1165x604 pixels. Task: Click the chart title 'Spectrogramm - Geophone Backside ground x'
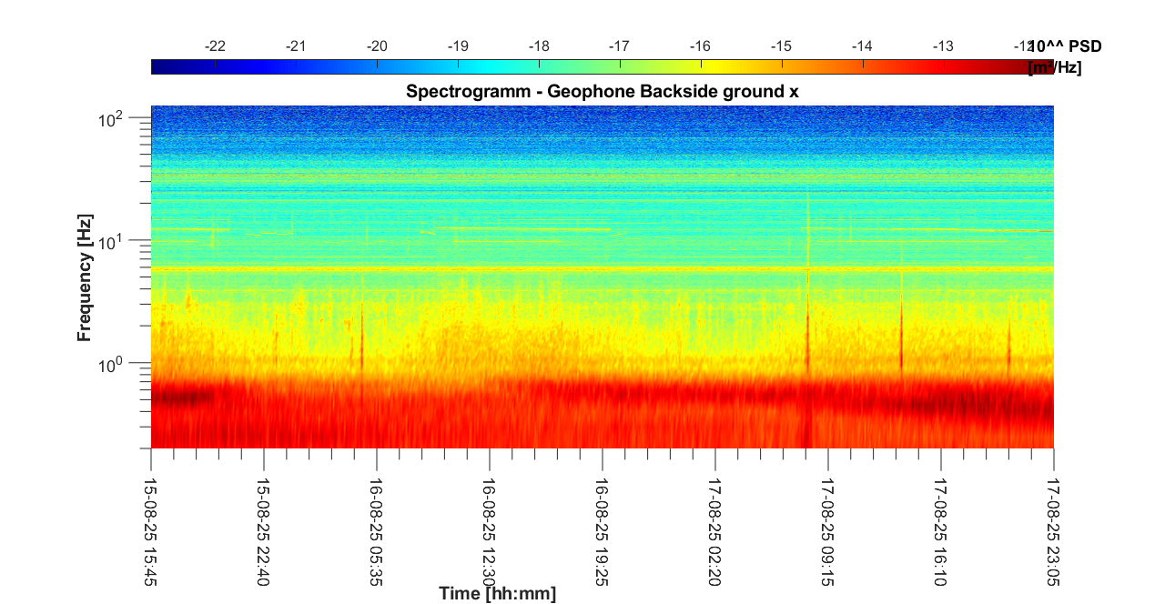(x=602, y=91)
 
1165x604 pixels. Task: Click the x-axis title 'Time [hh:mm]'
(x=497, y=594)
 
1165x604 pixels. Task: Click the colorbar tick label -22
(x=216, y=45)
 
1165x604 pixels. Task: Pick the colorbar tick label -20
(x=378, y=45)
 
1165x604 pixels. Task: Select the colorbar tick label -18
(x=540, y=45)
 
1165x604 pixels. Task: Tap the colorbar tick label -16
(x=701, y=45)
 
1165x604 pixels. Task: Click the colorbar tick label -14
(x=863, y=45)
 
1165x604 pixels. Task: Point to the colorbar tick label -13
(x=944, y=45)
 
